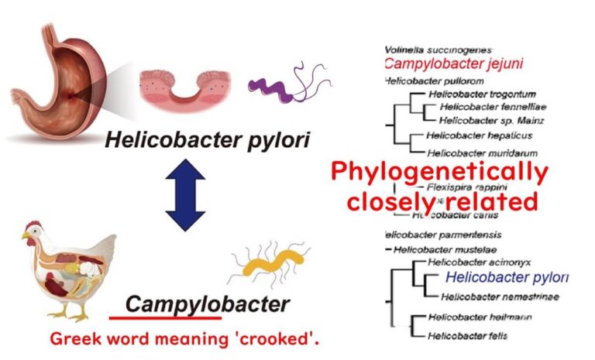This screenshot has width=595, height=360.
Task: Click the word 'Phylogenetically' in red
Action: (x=439, y=172)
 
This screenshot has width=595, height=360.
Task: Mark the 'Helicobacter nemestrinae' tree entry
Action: (x=484, y=297)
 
